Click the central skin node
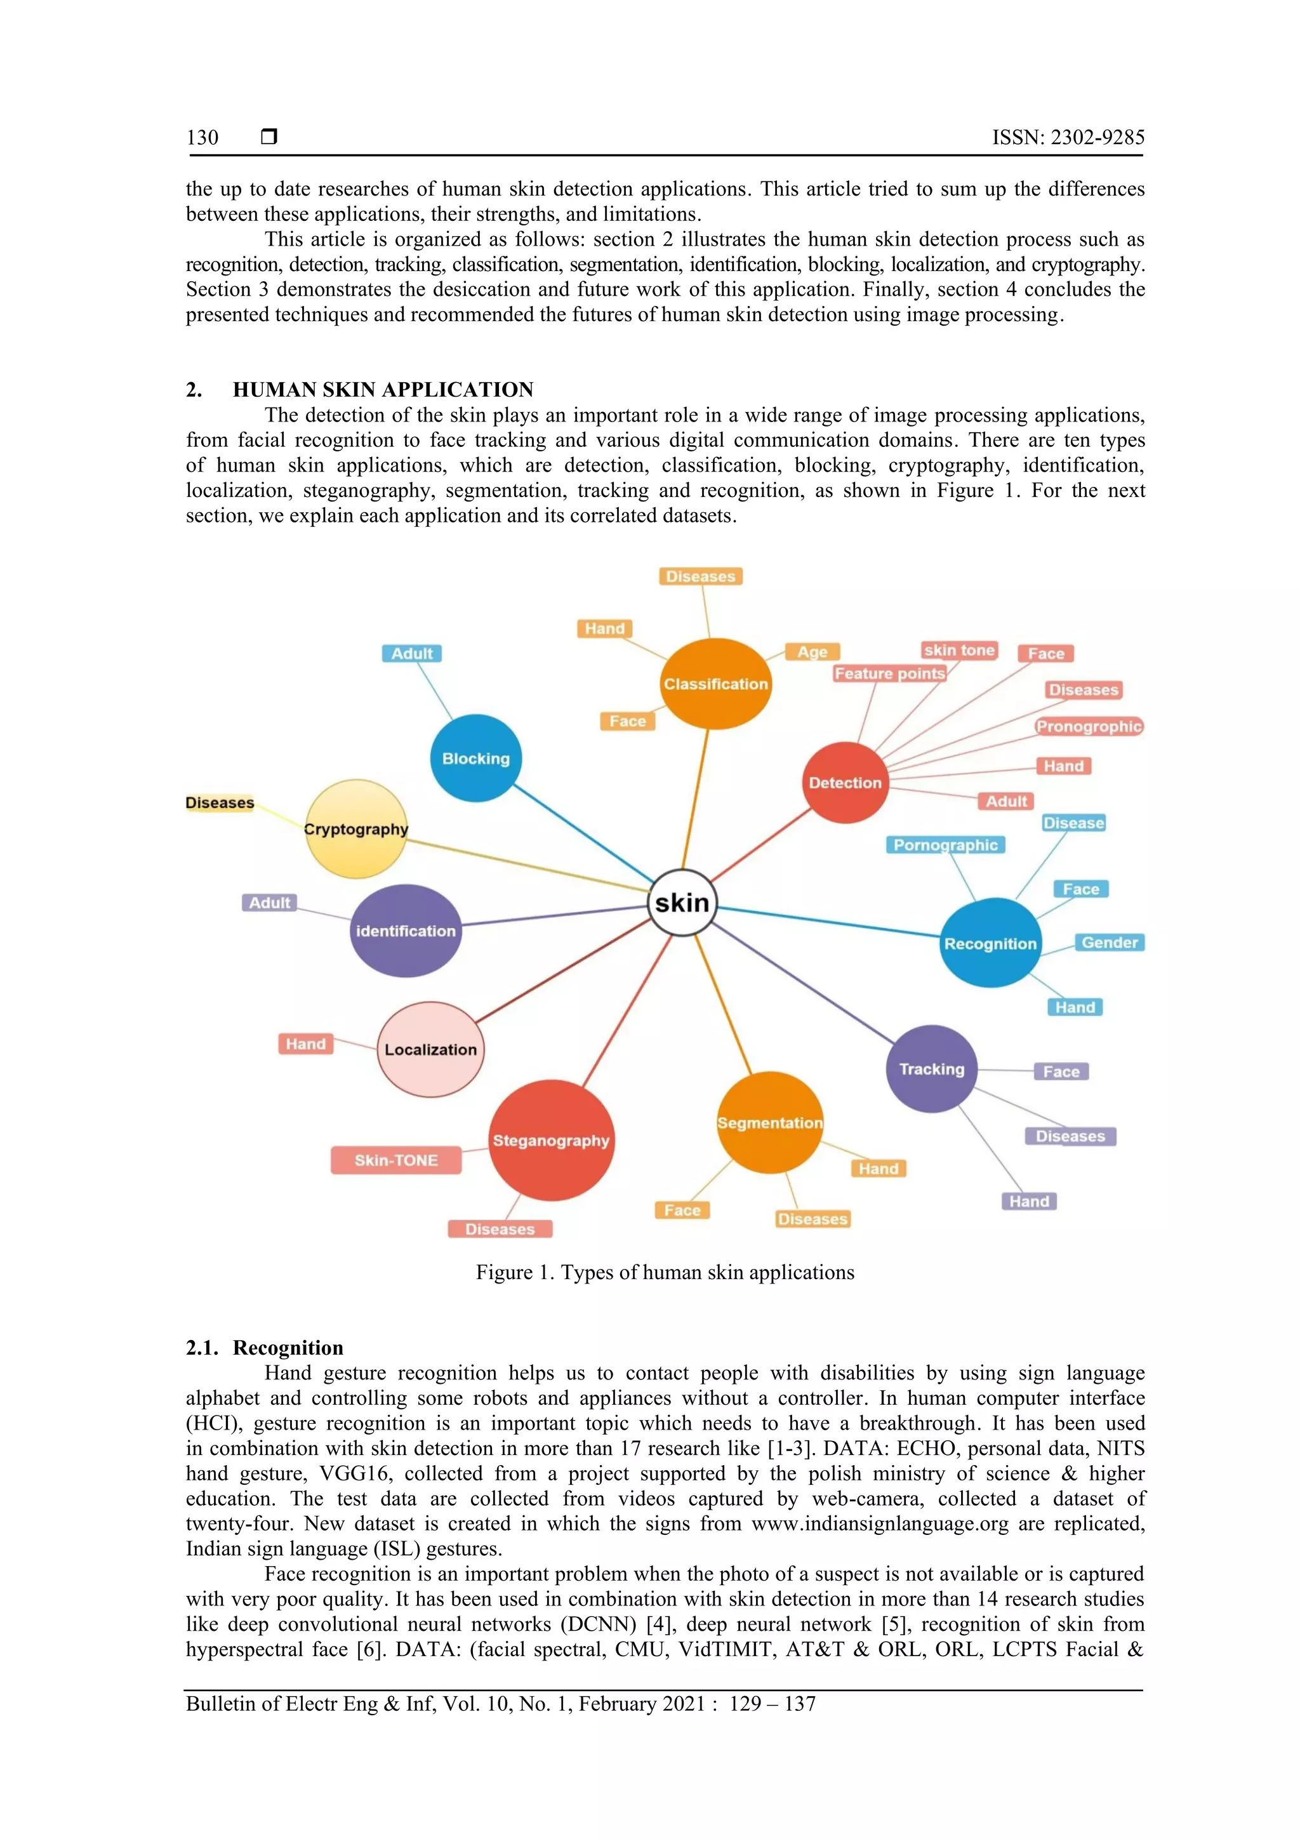point(682,903)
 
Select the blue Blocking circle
point(476,758)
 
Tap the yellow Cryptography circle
point(357,829)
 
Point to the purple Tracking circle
point(932,1068)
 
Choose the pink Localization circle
point(431,1049)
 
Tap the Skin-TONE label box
point(397,1160)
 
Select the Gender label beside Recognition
point(1110,943)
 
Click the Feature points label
point(890,674)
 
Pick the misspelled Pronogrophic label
point(1089,726)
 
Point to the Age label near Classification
point(812,652)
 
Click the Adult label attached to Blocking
point(412,654)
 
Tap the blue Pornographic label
point(945,845)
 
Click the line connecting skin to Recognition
point(829,922)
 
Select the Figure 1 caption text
point(665,1273)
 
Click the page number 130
point(202,138)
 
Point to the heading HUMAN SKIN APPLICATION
point(383,390)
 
